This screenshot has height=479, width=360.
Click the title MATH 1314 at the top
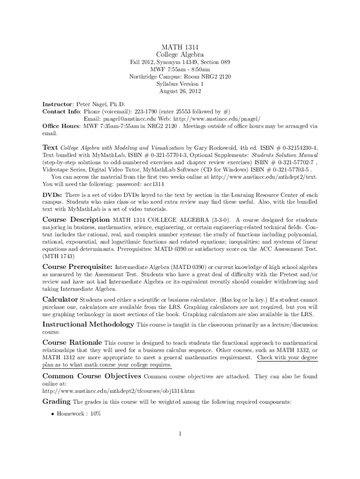click(x=180, y=47)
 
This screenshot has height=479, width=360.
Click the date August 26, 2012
click(x=180, y=91)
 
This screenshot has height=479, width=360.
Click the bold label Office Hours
click(x=61, y=126)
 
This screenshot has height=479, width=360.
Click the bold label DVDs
click(x=52, y=195)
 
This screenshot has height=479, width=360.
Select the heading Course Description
click(x=76, y=219)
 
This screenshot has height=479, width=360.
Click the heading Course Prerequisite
click(x=78, y=267)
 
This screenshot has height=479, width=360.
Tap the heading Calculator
click(x=60, y=299)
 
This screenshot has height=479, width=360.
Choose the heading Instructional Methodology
click(x=88, y=324)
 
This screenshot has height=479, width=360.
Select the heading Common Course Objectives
click(x=92, y=376)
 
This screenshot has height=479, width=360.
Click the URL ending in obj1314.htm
click(x=118, y=390)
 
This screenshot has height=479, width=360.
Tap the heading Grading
click(x=57, y=402)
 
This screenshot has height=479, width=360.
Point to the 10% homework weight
click(x=96, y=414)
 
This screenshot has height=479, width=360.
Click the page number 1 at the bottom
click(x=180, y=433)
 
